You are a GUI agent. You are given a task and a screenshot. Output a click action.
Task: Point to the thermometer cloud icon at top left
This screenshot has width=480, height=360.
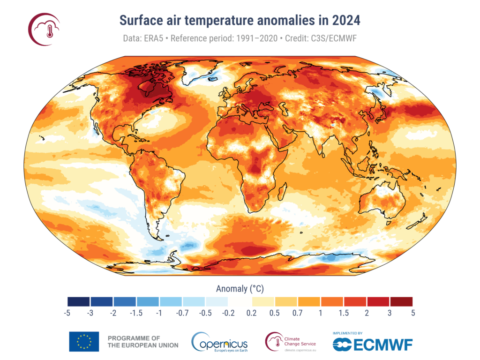tap(45, 30)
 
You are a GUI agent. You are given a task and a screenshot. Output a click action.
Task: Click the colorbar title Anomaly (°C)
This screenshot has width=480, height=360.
tap(240, 288)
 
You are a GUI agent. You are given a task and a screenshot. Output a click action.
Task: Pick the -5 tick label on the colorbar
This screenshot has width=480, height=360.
tap(67, 313)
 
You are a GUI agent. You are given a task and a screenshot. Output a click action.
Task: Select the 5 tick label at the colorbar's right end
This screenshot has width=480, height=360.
tap(412, 313)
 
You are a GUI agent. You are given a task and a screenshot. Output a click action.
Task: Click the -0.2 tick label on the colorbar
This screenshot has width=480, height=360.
tap(228, 313)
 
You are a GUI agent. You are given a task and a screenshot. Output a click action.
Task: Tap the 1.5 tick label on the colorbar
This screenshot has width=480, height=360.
tap(344, 313)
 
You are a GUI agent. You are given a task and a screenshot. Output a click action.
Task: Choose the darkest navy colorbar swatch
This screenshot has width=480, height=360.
tap(78, 301)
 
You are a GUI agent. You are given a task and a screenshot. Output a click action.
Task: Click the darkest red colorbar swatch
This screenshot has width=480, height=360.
tap(401, 301)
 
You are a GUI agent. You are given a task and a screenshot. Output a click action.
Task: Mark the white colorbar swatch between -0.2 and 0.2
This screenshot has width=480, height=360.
tap(240, 301)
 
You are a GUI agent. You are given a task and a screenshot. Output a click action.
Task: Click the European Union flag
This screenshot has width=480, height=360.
tap(84, 342)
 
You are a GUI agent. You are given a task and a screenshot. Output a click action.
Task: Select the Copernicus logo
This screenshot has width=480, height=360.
tap(220, 342)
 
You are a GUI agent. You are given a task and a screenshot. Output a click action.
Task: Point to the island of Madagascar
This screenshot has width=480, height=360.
tap(282, 191)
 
